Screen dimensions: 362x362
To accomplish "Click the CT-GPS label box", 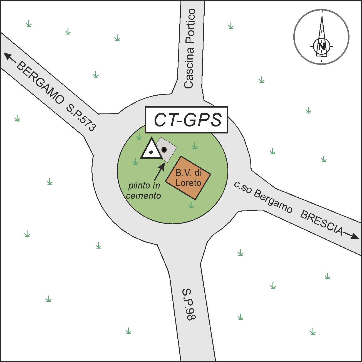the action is [187, 120].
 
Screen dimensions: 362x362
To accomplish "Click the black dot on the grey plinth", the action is [164, 150].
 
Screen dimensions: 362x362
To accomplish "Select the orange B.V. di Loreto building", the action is [188, 177].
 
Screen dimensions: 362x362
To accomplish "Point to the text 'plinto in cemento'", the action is [144, 190].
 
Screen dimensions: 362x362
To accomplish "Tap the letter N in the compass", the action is [322, 46].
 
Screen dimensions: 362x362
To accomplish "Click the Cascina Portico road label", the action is [189, 49].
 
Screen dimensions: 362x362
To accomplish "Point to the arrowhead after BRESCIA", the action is [354, 237].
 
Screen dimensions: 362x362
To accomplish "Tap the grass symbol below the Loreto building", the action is [191, 205].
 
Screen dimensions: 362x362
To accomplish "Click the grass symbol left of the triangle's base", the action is [135, 162].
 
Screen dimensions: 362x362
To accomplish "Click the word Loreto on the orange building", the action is [189, 183].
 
